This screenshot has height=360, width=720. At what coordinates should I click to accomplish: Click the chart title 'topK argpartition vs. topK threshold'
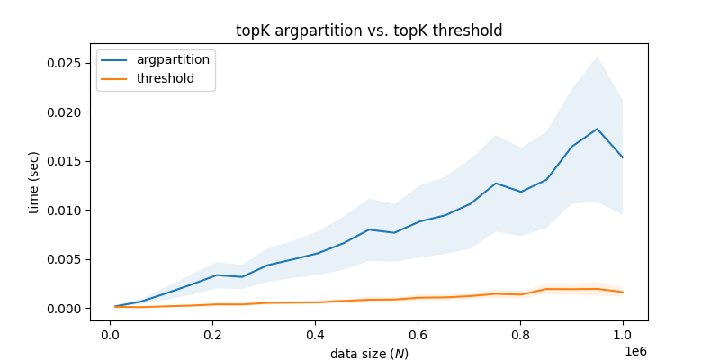tap(369, 31)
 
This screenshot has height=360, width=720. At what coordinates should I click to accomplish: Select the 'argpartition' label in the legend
tap(173, 59)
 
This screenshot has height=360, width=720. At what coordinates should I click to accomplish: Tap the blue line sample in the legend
tap(115, 59)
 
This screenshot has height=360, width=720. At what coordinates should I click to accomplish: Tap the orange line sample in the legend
tap(115, 78)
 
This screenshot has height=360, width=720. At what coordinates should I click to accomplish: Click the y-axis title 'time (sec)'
tap(34, 183)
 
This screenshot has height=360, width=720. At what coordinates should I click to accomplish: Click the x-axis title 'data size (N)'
tap(369, 354)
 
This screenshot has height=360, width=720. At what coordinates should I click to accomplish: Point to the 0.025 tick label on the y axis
tap(63, 63)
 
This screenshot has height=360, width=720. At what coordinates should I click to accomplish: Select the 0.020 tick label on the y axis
tap(63, 112)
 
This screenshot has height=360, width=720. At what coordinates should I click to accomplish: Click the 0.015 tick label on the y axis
tap(63, 161)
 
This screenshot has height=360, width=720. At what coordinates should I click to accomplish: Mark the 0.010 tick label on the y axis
tap(63, 211)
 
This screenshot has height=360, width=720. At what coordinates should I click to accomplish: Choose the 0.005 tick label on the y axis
tap(63, 259)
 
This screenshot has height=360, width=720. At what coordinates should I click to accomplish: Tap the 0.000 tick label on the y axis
tap(63, 308)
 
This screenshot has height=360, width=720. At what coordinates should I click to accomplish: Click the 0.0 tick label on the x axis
tap(110, 334)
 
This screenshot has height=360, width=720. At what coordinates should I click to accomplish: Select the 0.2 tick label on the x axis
tap(212, 334)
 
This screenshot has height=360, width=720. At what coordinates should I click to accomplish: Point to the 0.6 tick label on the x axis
tap(418, 334)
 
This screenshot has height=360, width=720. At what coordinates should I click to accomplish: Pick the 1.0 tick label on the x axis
tap(623, 334)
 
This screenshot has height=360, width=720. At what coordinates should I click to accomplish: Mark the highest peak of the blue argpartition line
tap(597, 129)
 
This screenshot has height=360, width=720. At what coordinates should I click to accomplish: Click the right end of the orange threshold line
tap(623, 292)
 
